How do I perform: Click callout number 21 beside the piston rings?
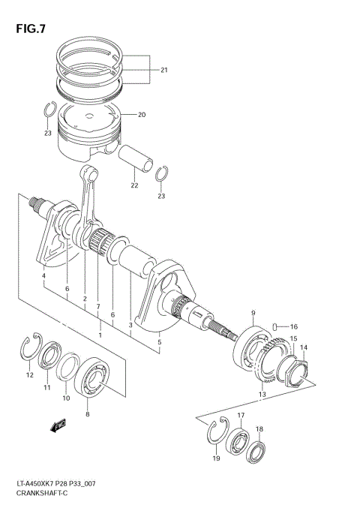pos(163,71)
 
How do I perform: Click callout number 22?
pos(135,186)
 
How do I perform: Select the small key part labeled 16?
pos(277,326)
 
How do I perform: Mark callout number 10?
pos(65,398)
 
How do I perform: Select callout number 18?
pos(259,429)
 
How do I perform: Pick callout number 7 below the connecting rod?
pos(98,306)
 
